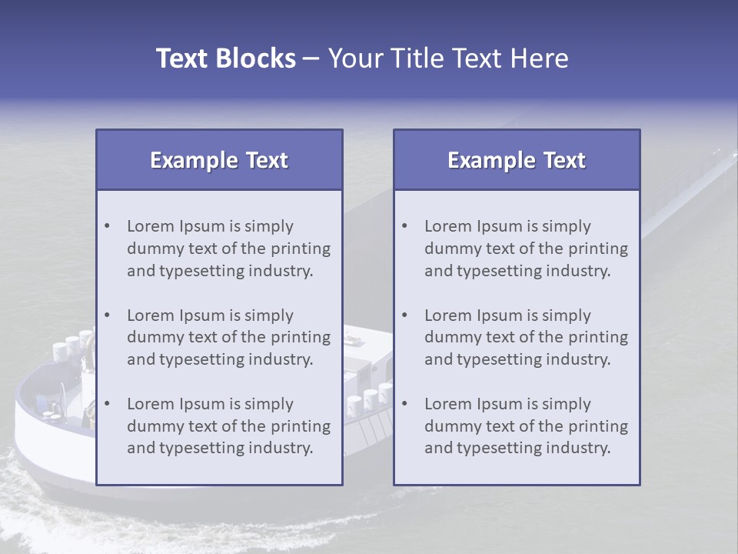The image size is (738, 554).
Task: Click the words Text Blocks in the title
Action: [225, 58]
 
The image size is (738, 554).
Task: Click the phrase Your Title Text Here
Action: [448, 58]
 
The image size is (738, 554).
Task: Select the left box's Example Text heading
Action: [219, 160]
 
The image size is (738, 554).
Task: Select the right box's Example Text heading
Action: [517, 160]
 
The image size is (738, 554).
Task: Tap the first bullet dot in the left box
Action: [107, 226]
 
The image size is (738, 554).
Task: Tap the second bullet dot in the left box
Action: [107, 315]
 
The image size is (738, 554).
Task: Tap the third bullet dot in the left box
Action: [107, 404]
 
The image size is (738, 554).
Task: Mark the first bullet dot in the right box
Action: [404, 226]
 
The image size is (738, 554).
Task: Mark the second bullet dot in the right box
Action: [404, 315]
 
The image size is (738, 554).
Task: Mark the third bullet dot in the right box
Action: [404, 404]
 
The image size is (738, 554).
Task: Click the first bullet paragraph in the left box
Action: [228, 249]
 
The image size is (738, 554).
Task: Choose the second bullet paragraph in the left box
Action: [228, 337]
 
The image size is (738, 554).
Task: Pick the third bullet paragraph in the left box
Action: [228, 426]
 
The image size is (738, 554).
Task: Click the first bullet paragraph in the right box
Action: [526, 249]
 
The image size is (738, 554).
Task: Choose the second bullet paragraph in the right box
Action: [526, 337]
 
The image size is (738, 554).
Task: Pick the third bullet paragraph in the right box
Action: [526, 426]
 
